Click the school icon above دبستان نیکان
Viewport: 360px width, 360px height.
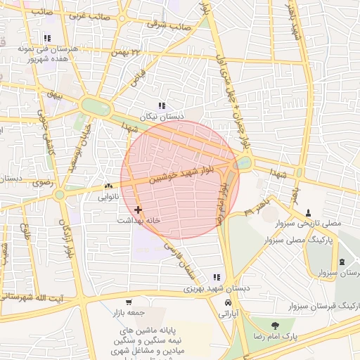click(162, 106)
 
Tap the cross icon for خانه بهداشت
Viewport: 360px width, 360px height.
click(138, 210)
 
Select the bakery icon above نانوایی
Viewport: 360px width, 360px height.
click(108, 186)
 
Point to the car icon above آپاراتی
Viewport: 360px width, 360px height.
click(229, 302)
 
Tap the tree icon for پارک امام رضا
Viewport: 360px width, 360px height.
click(274, 326)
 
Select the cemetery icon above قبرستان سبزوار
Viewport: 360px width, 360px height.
click(342, 262)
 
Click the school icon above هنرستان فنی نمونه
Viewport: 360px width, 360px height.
click(47, 39)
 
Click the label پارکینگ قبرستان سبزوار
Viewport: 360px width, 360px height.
click(324, 307)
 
